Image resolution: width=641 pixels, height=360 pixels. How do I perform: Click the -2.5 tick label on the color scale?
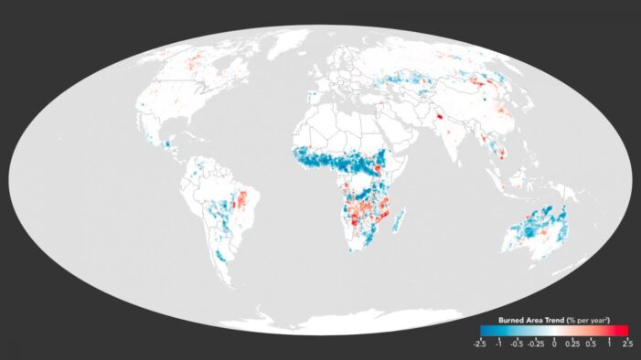[480, 344]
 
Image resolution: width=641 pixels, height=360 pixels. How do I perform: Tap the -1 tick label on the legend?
[498, 344]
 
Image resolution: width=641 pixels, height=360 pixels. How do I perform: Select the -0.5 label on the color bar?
[518, 344]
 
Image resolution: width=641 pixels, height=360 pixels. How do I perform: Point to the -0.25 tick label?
[536, 344]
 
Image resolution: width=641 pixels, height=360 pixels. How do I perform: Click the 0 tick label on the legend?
[554, 344]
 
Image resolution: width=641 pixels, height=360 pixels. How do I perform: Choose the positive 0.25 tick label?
[572, 344]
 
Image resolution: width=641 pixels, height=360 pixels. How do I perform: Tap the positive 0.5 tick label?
[592, 344]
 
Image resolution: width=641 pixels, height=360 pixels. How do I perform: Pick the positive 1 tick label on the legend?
[609, 344]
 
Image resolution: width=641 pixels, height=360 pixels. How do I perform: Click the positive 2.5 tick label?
[626, 344]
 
